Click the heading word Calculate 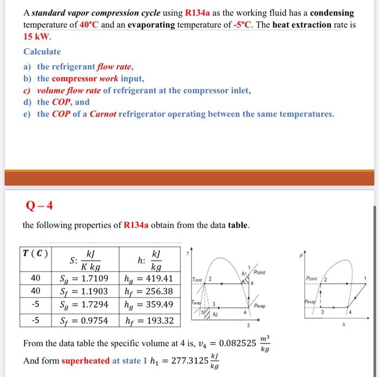[x=42, y=52]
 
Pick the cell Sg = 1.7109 [x=83, y=279]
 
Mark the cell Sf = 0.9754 [x=83, y=321]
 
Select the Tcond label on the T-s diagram [x=195, y=279]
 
